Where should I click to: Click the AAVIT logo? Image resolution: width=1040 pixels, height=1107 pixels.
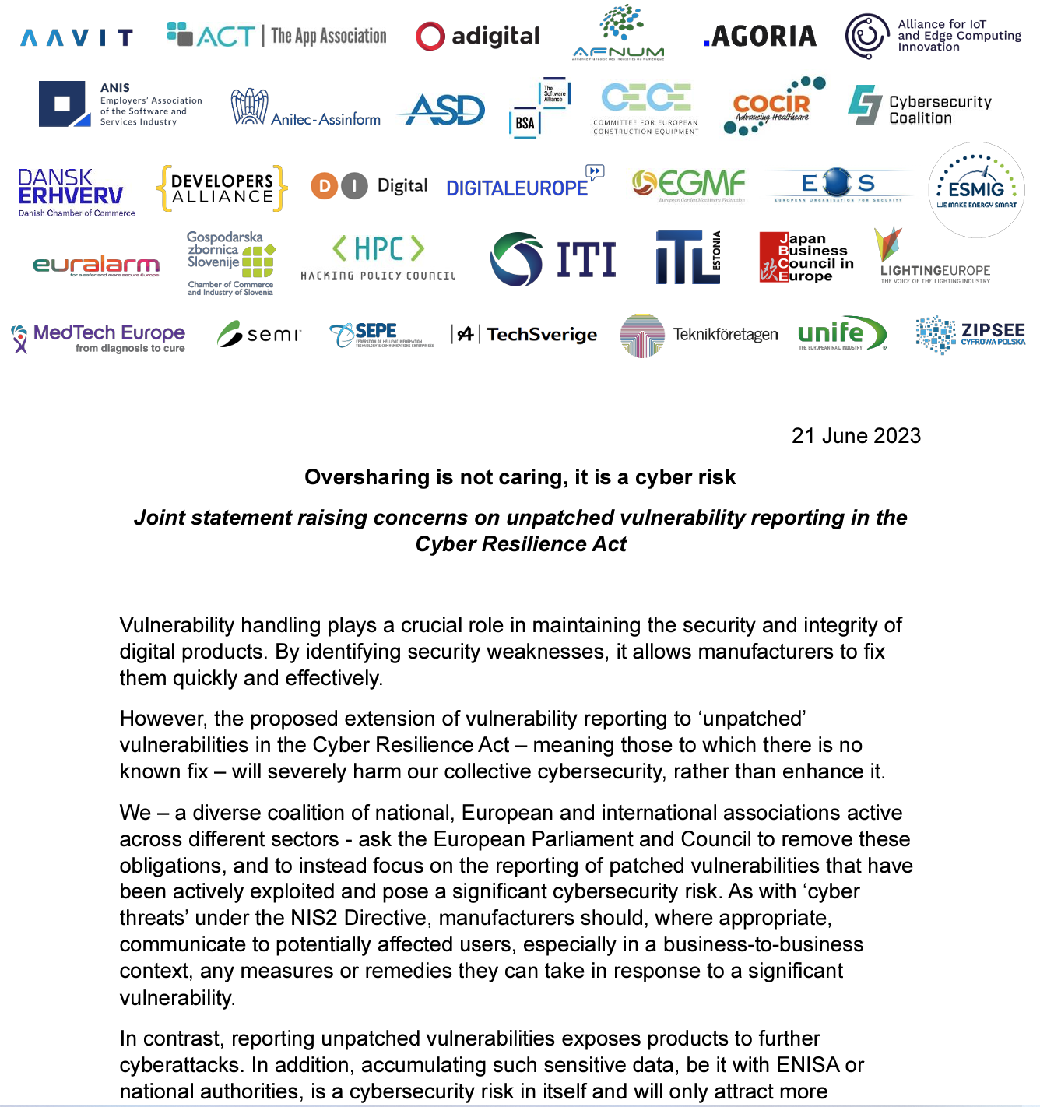(x=76, y=37)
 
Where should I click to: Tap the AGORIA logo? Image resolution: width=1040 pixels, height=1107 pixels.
(x=760, y=37)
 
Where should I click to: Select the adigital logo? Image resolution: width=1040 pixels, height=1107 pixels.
(x=477, y=37)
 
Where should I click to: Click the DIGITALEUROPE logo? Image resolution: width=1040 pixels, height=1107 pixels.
(x=524, y=184)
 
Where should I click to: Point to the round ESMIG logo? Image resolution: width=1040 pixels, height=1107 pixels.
(x=976, y=190)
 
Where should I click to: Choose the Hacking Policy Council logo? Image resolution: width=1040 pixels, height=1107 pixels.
(x=378, y=258)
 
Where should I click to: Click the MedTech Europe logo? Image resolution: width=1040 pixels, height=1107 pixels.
(x=99, y=338)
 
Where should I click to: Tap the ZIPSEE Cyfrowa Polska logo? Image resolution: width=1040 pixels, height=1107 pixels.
(x=970, y=335)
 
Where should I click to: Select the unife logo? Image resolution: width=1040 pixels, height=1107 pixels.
(x=841, y=334)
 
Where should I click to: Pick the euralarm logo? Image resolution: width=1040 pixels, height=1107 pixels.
(x=97, y=266)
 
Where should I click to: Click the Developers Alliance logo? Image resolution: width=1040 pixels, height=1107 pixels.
(x=222, y=188)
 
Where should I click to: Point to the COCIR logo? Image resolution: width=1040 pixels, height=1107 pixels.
(x=773, y=107)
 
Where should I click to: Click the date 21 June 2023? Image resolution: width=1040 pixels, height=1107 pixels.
(x=856, y=436)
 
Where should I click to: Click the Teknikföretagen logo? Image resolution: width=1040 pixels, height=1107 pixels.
(x=698, y=336)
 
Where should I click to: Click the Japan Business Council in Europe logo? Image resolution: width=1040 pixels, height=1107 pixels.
(x=806, y=257)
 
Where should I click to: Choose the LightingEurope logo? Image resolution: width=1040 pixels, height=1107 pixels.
(x=934, y=257)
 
